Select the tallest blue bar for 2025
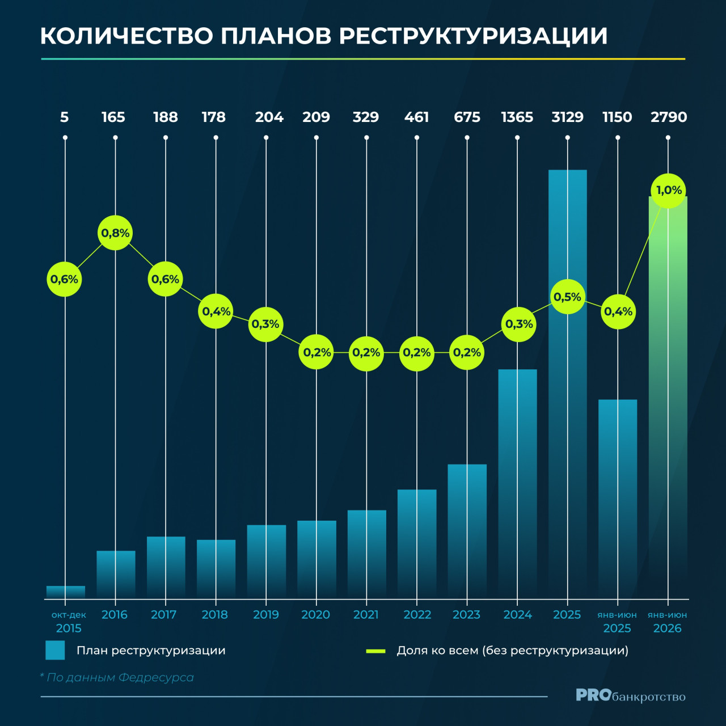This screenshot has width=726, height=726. tap(567, 385)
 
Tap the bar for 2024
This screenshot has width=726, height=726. tap(517, 484)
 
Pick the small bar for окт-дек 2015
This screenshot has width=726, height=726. tap(66, 592)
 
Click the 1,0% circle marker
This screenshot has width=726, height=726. tap(668, 191)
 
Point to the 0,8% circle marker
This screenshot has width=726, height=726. tap(115, 233)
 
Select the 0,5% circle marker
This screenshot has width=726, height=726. tap(567, 297)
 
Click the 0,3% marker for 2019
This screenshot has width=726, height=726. tap(265, 324)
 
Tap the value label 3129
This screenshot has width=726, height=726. tap(567, 117)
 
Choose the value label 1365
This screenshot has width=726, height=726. tap(517, 117)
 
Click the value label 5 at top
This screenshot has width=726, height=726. tap(65, 117)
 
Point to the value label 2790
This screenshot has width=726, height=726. tap(669, 117)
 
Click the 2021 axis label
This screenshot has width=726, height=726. tap(366, 615)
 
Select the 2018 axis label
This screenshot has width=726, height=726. tap(215, 615)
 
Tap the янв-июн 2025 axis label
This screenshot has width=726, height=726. tap(617, 622)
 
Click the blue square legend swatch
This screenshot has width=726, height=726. tap(55, 650)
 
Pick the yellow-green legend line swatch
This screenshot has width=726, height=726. tap(375, 651)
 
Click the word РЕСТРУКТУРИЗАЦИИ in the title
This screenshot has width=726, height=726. tap(473, 36)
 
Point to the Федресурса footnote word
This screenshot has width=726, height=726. tap(156, 678)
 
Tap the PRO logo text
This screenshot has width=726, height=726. tap(593, 695)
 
